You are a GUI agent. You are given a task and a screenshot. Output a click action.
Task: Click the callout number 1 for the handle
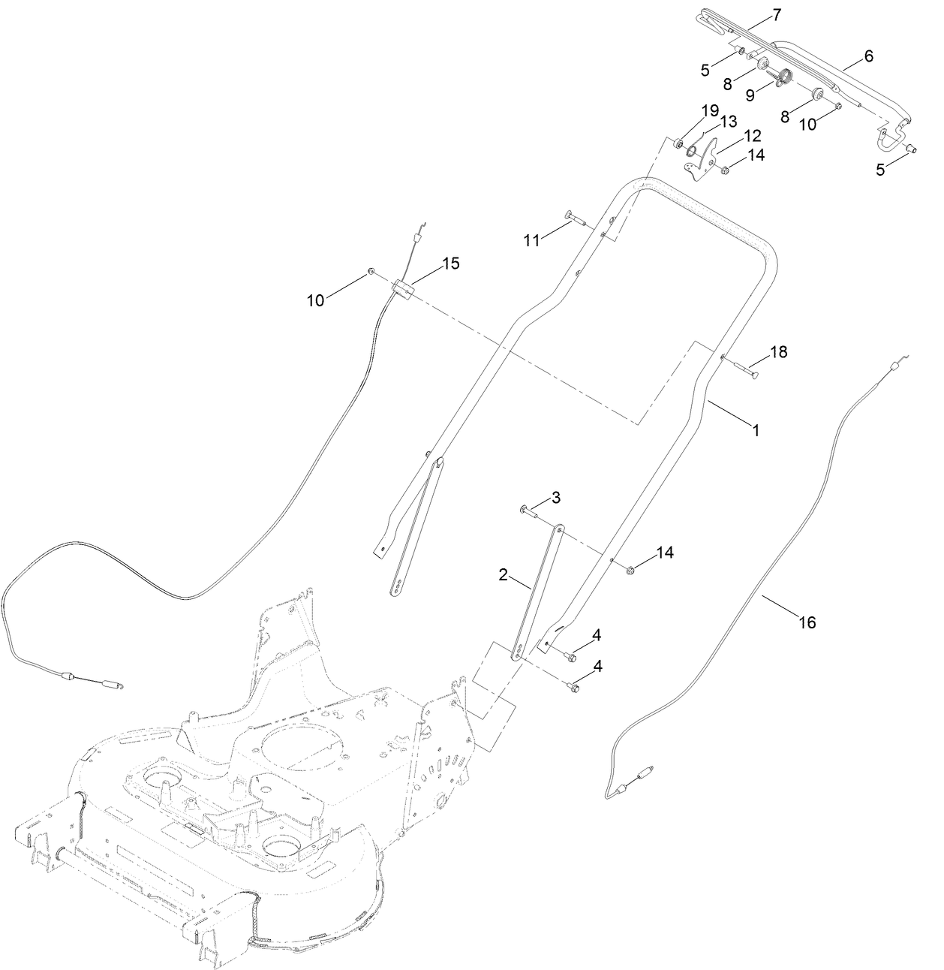(756, 431)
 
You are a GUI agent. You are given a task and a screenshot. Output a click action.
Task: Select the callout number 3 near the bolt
(555, 497)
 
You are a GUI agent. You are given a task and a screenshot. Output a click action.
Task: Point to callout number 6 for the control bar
(868, 56)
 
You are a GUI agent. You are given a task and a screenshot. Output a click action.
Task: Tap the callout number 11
(532, 240)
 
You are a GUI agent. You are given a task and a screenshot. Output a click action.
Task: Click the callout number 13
(729, 121)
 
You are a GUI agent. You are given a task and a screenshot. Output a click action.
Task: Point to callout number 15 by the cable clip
(450, 264)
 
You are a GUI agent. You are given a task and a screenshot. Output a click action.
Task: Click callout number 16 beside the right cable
(807, 622)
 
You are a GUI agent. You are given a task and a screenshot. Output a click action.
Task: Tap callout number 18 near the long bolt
(779, 351)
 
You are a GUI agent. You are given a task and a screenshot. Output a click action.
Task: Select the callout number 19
(710, 110)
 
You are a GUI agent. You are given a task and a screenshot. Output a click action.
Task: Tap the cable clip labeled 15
(404, 289)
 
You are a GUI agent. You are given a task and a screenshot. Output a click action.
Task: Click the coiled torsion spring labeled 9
(783, 77)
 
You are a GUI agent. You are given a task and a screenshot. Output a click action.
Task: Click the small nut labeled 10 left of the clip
(371, 271)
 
